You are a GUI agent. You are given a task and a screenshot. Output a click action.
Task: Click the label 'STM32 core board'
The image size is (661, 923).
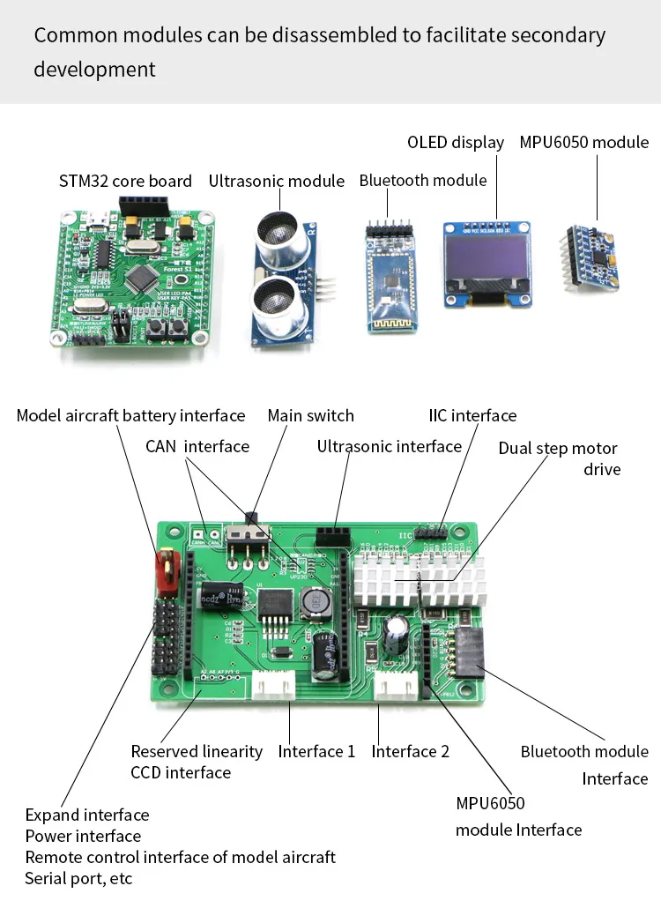click(125, 182)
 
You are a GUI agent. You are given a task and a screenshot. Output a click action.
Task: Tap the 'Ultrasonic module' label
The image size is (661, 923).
click(277, 182)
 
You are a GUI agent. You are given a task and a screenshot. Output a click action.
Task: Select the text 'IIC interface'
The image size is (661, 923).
click(472, 416)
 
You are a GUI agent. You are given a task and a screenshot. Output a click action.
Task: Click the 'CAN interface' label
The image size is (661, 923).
click(197, 446)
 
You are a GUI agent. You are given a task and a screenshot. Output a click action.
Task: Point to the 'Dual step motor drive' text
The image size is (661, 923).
click(559, 458)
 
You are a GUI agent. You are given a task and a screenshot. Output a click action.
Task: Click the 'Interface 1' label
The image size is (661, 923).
click(316, 752)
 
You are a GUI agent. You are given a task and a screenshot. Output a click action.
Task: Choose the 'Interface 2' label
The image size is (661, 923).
click(410, 752)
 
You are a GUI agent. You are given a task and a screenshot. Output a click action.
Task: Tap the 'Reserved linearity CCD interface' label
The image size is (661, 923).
click(196, 762)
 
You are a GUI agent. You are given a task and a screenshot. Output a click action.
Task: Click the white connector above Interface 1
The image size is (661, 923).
click(273, 686)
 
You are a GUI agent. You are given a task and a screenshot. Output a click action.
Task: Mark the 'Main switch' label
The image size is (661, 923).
click(310, 416)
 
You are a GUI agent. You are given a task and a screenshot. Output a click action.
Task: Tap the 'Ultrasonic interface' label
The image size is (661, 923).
click(389, 447)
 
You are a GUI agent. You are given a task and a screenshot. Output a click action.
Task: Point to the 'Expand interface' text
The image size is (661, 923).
click(87, 815)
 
